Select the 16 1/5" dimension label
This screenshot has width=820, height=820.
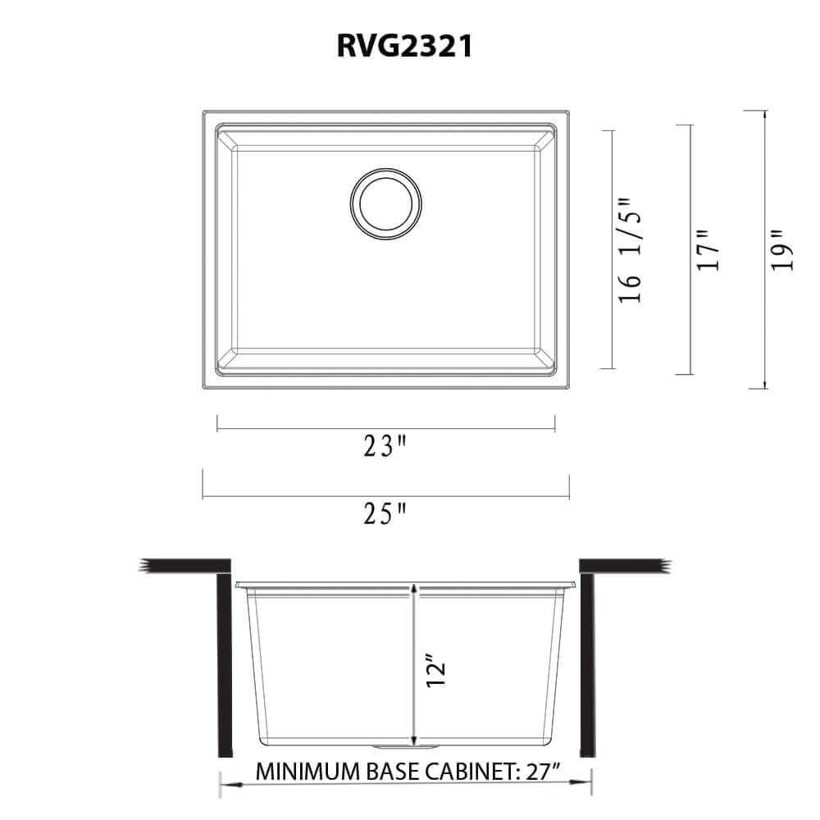coord(630,250)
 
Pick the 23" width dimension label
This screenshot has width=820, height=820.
coord(386,447)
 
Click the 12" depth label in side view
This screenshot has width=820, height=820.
coord(435,672)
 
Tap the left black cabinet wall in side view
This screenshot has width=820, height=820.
coord(221,664)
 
